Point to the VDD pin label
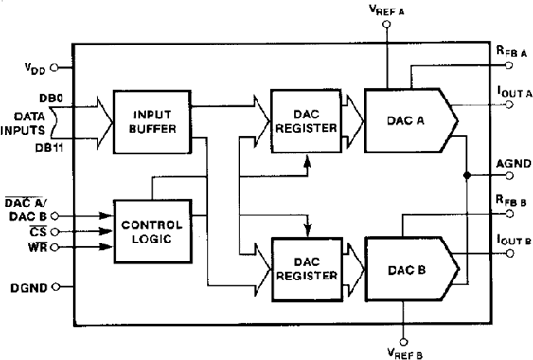34,67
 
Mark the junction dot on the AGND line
468,176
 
